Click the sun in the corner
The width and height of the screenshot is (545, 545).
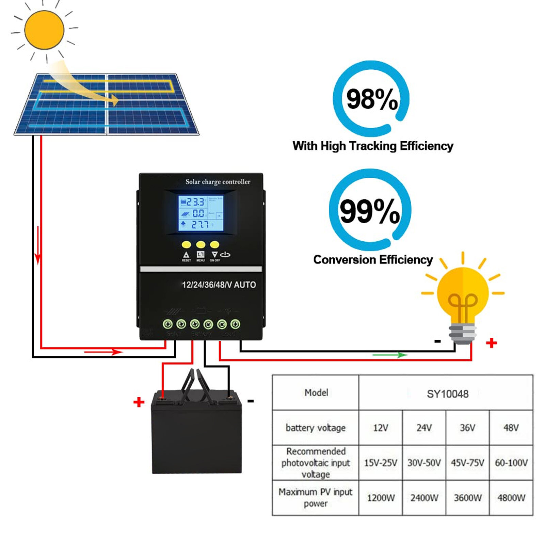[44, 30]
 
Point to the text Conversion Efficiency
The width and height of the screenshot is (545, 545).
[373, 260]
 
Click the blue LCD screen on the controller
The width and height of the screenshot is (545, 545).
[201, 213]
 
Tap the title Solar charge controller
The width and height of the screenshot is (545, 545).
[218, 182]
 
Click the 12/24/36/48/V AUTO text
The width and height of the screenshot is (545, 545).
[219, 285]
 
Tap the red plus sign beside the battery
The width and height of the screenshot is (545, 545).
[139, 402]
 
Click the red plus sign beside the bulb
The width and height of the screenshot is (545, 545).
[491, 342]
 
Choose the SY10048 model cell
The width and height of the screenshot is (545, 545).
[447, 394]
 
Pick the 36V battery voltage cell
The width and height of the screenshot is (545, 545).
[467, 428]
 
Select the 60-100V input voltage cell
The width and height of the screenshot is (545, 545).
[511, 463]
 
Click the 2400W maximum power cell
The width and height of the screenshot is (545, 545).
[424, 498]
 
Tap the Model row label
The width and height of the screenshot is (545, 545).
[316, 393]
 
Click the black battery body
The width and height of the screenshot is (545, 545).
[196, 439]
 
